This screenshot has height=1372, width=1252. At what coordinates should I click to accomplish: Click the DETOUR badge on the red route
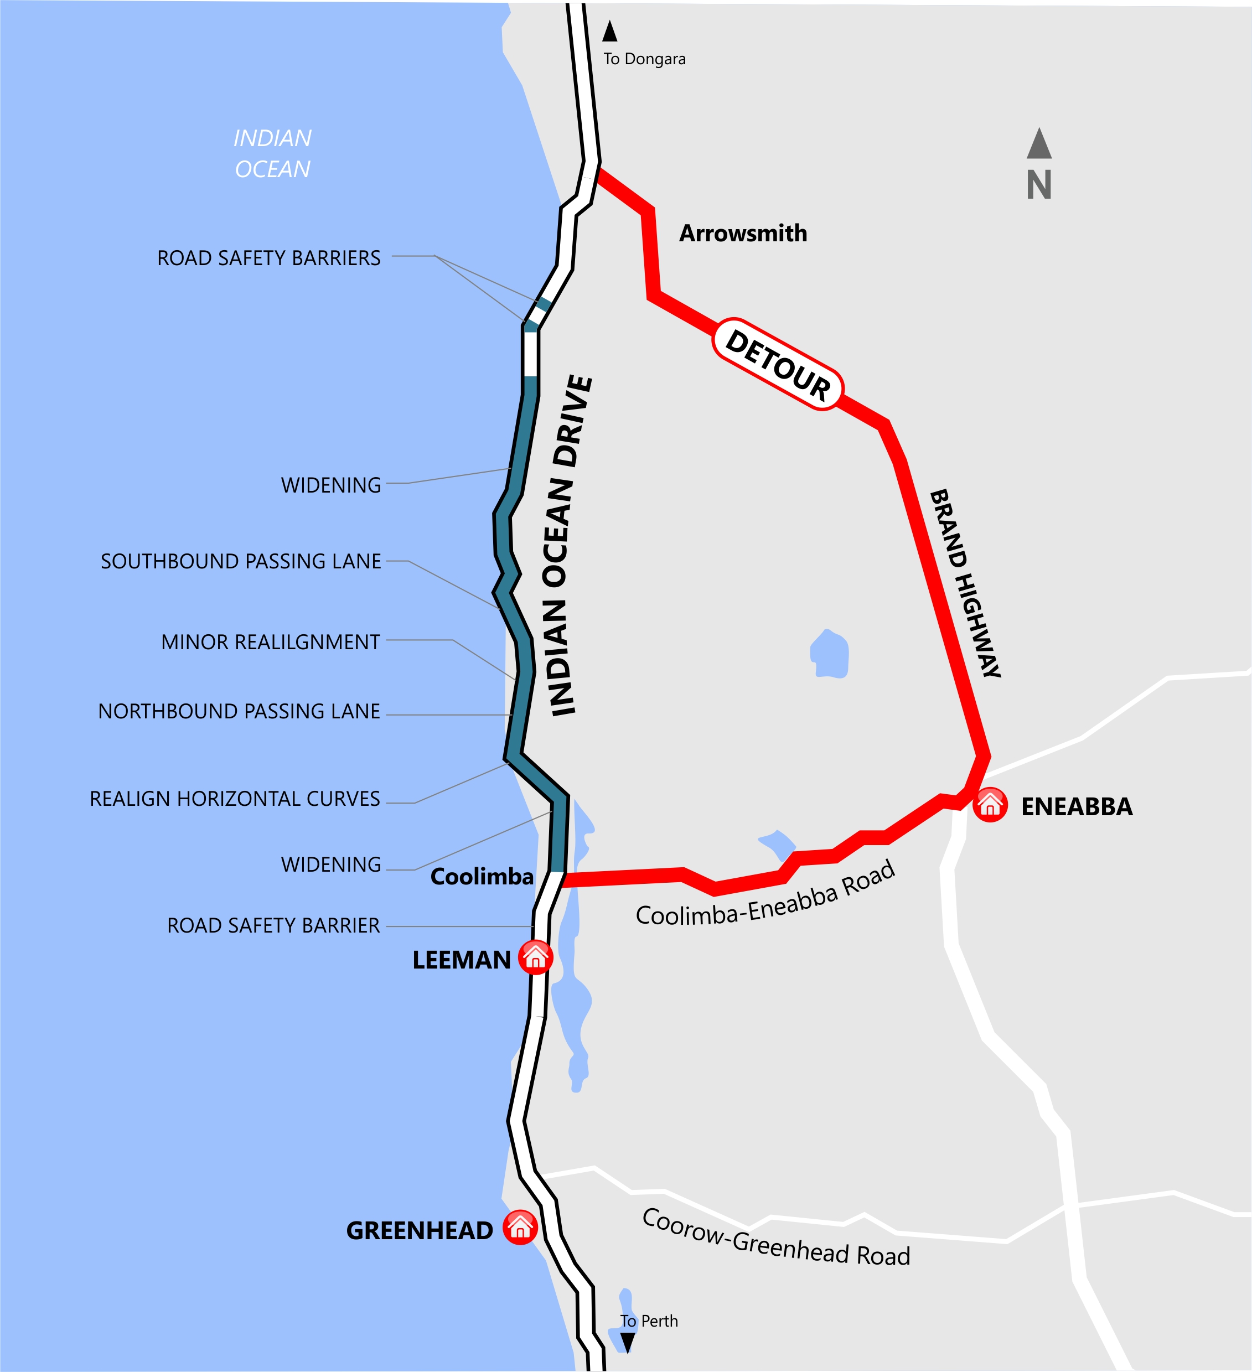[777, 365]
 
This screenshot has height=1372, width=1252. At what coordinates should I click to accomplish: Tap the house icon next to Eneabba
[990, 805]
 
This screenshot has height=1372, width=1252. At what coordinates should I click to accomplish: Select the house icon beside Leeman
[535, 957]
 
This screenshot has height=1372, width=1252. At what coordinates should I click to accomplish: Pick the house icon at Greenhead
[520, 1227]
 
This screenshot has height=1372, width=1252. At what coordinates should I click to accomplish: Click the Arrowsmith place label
[743, 234]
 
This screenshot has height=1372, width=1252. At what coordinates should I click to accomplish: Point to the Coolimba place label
[482, 877]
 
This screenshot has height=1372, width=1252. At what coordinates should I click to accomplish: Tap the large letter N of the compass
[1039, 185]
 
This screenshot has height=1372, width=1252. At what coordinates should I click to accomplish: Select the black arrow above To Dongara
[609, 32]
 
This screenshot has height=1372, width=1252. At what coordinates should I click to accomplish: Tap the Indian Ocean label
[272, 154]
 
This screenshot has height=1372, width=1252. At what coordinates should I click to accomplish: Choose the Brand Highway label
[965, 583]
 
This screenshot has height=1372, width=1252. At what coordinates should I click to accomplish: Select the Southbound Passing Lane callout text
[241, 561]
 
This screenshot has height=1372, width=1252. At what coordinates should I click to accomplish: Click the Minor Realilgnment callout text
[270, 642]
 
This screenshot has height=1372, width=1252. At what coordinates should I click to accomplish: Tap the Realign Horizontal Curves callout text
[235, 799]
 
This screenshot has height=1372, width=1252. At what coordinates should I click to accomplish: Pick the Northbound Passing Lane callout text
[239, 711]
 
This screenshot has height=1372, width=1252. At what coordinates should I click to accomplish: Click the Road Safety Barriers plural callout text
[269, 258]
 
